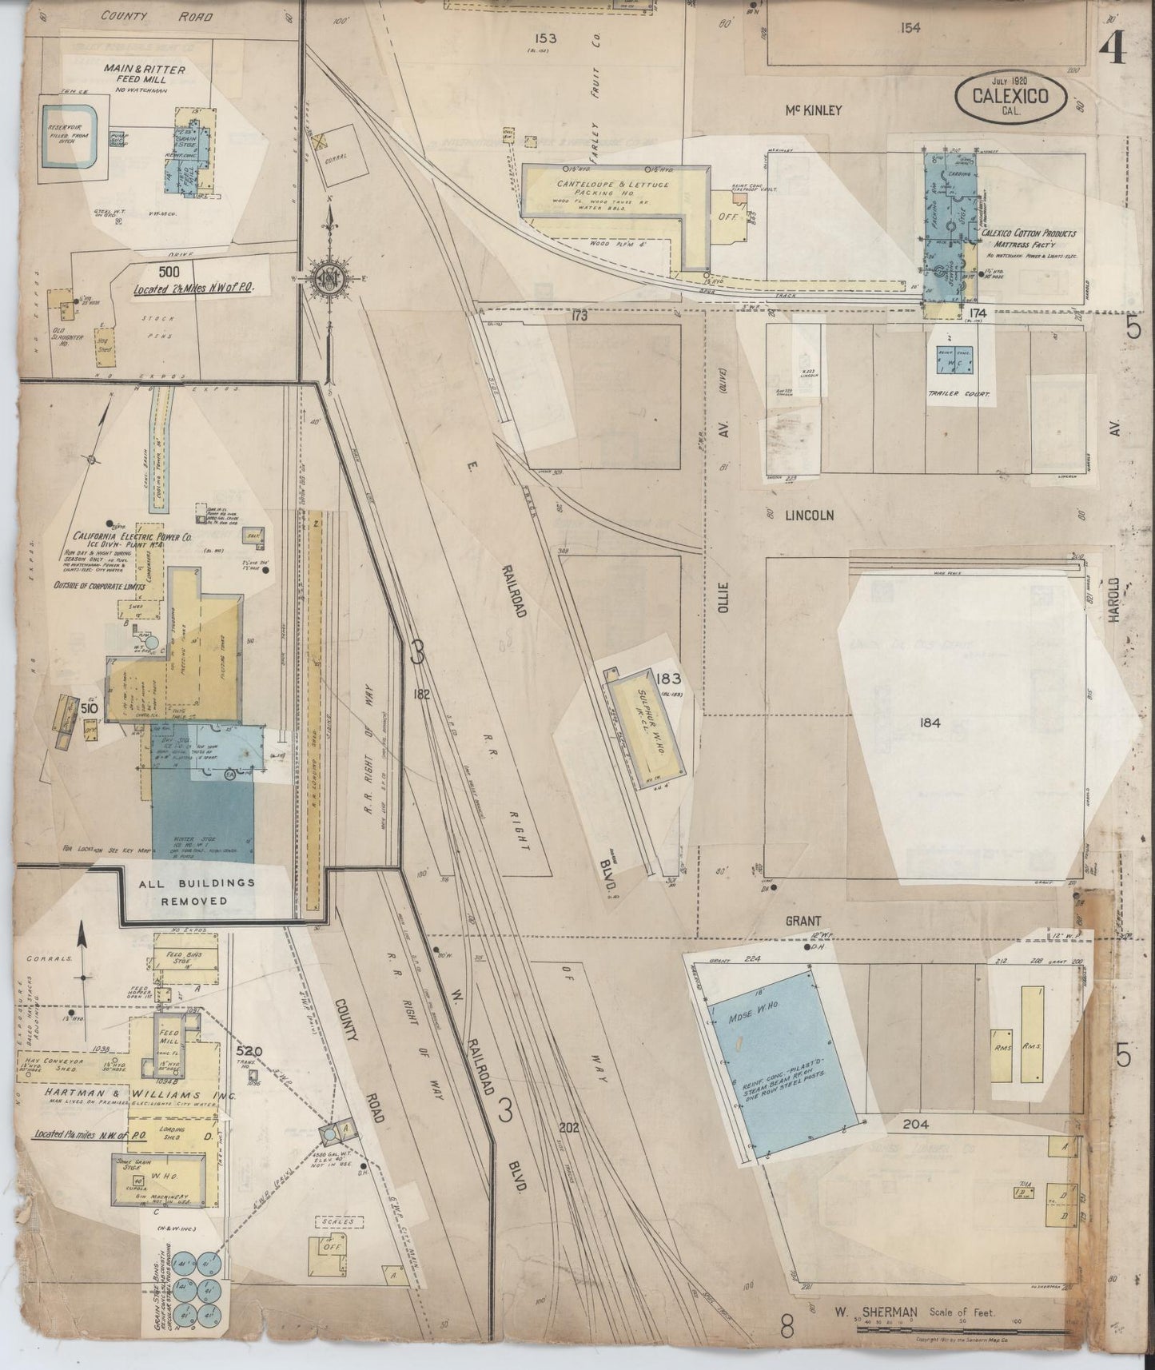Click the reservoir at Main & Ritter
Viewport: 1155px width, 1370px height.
pyautogui.click(x=70, y=138)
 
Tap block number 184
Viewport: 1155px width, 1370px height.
pyautogui.click(x=930, y=723)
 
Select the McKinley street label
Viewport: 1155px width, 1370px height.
pyautogui.click(x=812, y=110)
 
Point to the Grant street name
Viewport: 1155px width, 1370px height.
pyautogui.click(x=803, y=921)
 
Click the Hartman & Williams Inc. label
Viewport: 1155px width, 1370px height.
pyautogui.click(x=132, y=1095)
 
